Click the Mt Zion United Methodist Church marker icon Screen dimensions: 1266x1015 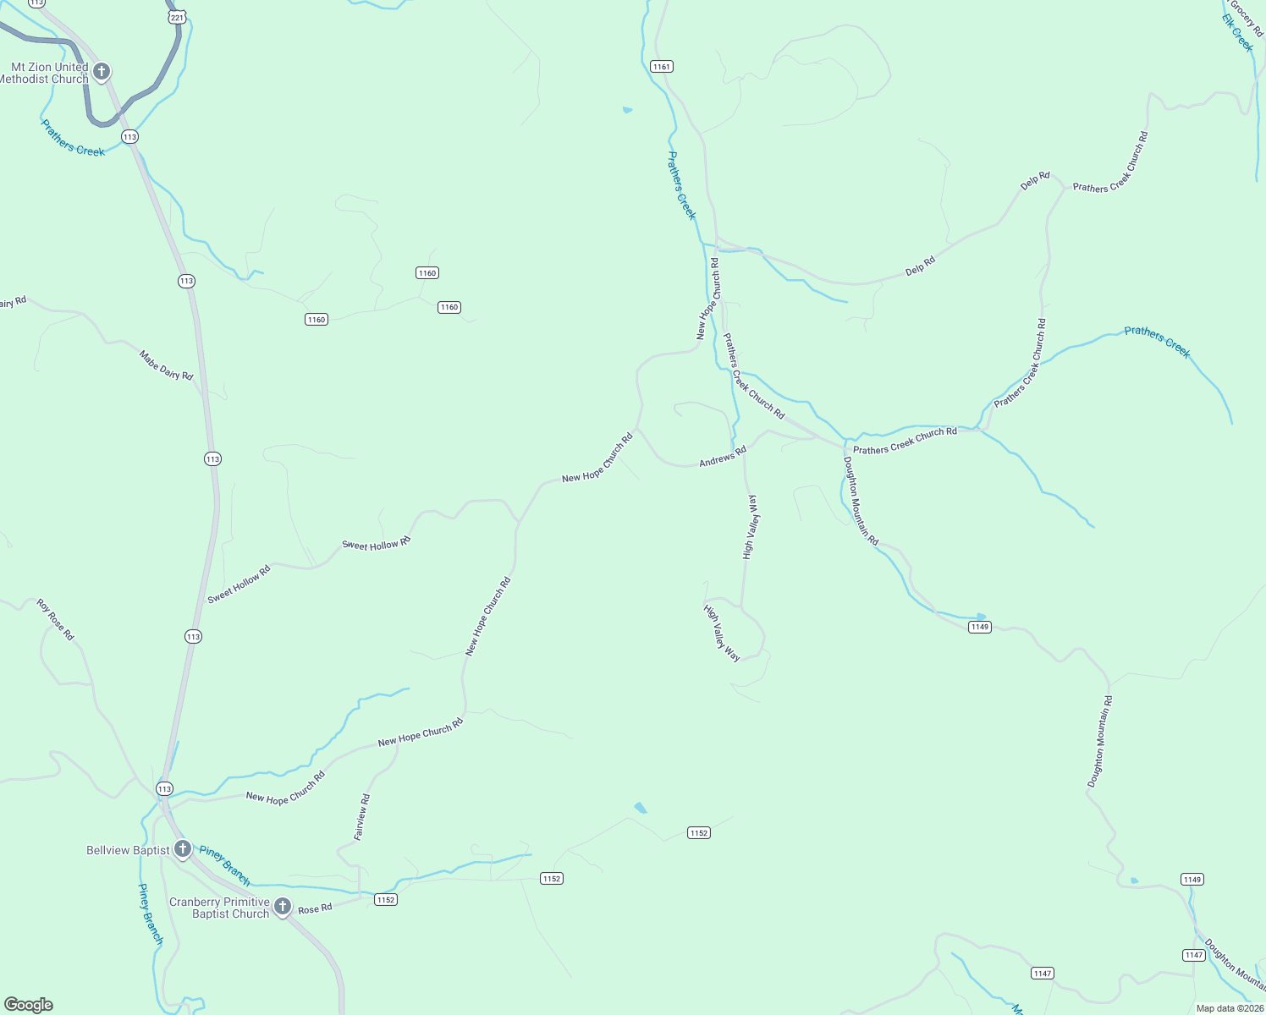[102, 71]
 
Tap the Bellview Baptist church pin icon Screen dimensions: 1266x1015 [183, 848]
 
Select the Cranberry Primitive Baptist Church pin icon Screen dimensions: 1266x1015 [283, 906]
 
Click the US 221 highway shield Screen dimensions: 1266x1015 [177, 17]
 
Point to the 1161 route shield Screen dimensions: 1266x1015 [661, 66]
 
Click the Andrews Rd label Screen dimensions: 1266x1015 [723, 457]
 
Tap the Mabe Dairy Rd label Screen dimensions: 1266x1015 [166, 365]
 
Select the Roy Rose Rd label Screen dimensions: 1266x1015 [56, 619]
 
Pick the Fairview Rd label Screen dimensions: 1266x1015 [361, 816]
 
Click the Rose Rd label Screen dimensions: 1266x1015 [315, 909]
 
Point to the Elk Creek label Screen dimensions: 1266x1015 [1236, 33]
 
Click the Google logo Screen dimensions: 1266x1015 [29, 1005]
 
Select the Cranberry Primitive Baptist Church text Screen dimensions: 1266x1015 [219, 908]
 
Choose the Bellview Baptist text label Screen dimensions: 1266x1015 [128, 850]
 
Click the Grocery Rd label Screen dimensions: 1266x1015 [1247, 17]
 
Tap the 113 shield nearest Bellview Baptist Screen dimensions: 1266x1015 [164, 788]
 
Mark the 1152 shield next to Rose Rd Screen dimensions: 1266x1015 [386, 899]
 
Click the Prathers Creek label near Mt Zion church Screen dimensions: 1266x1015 [74, 138]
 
